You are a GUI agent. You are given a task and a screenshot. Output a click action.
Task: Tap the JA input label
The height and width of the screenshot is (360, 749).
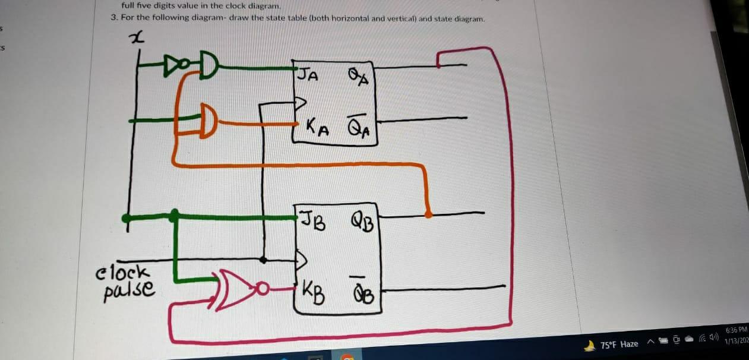[x=309, y=75]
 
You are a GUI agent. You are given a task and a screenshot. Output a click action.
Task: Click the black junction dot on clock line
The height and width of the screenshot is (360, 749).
[x=263, y=260]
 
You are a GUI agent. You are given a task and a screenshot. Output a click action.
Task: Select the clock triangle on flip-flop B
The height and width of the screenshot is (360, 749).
[x=301, y=260]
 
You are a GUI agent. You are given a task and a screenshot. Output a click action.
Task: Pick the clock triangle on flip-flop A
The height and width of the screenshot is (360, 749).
[x=301, y=102]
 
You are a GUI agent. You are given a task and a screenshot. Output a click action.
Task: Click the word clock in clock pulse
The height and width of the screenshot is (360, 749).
[x=123, y=272]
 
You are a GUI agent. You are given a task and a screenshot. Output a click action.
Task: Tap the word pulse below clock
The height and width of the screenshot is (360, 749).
[x=129, y=290]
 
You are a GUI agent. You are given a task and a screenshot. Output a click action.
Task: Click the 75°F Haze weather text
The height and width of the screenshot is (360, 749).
[x=620, y=344]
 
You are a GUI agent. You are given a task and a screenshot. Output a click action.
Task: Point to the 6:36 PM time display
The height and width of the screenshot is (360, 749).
[x=737, y=330]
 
